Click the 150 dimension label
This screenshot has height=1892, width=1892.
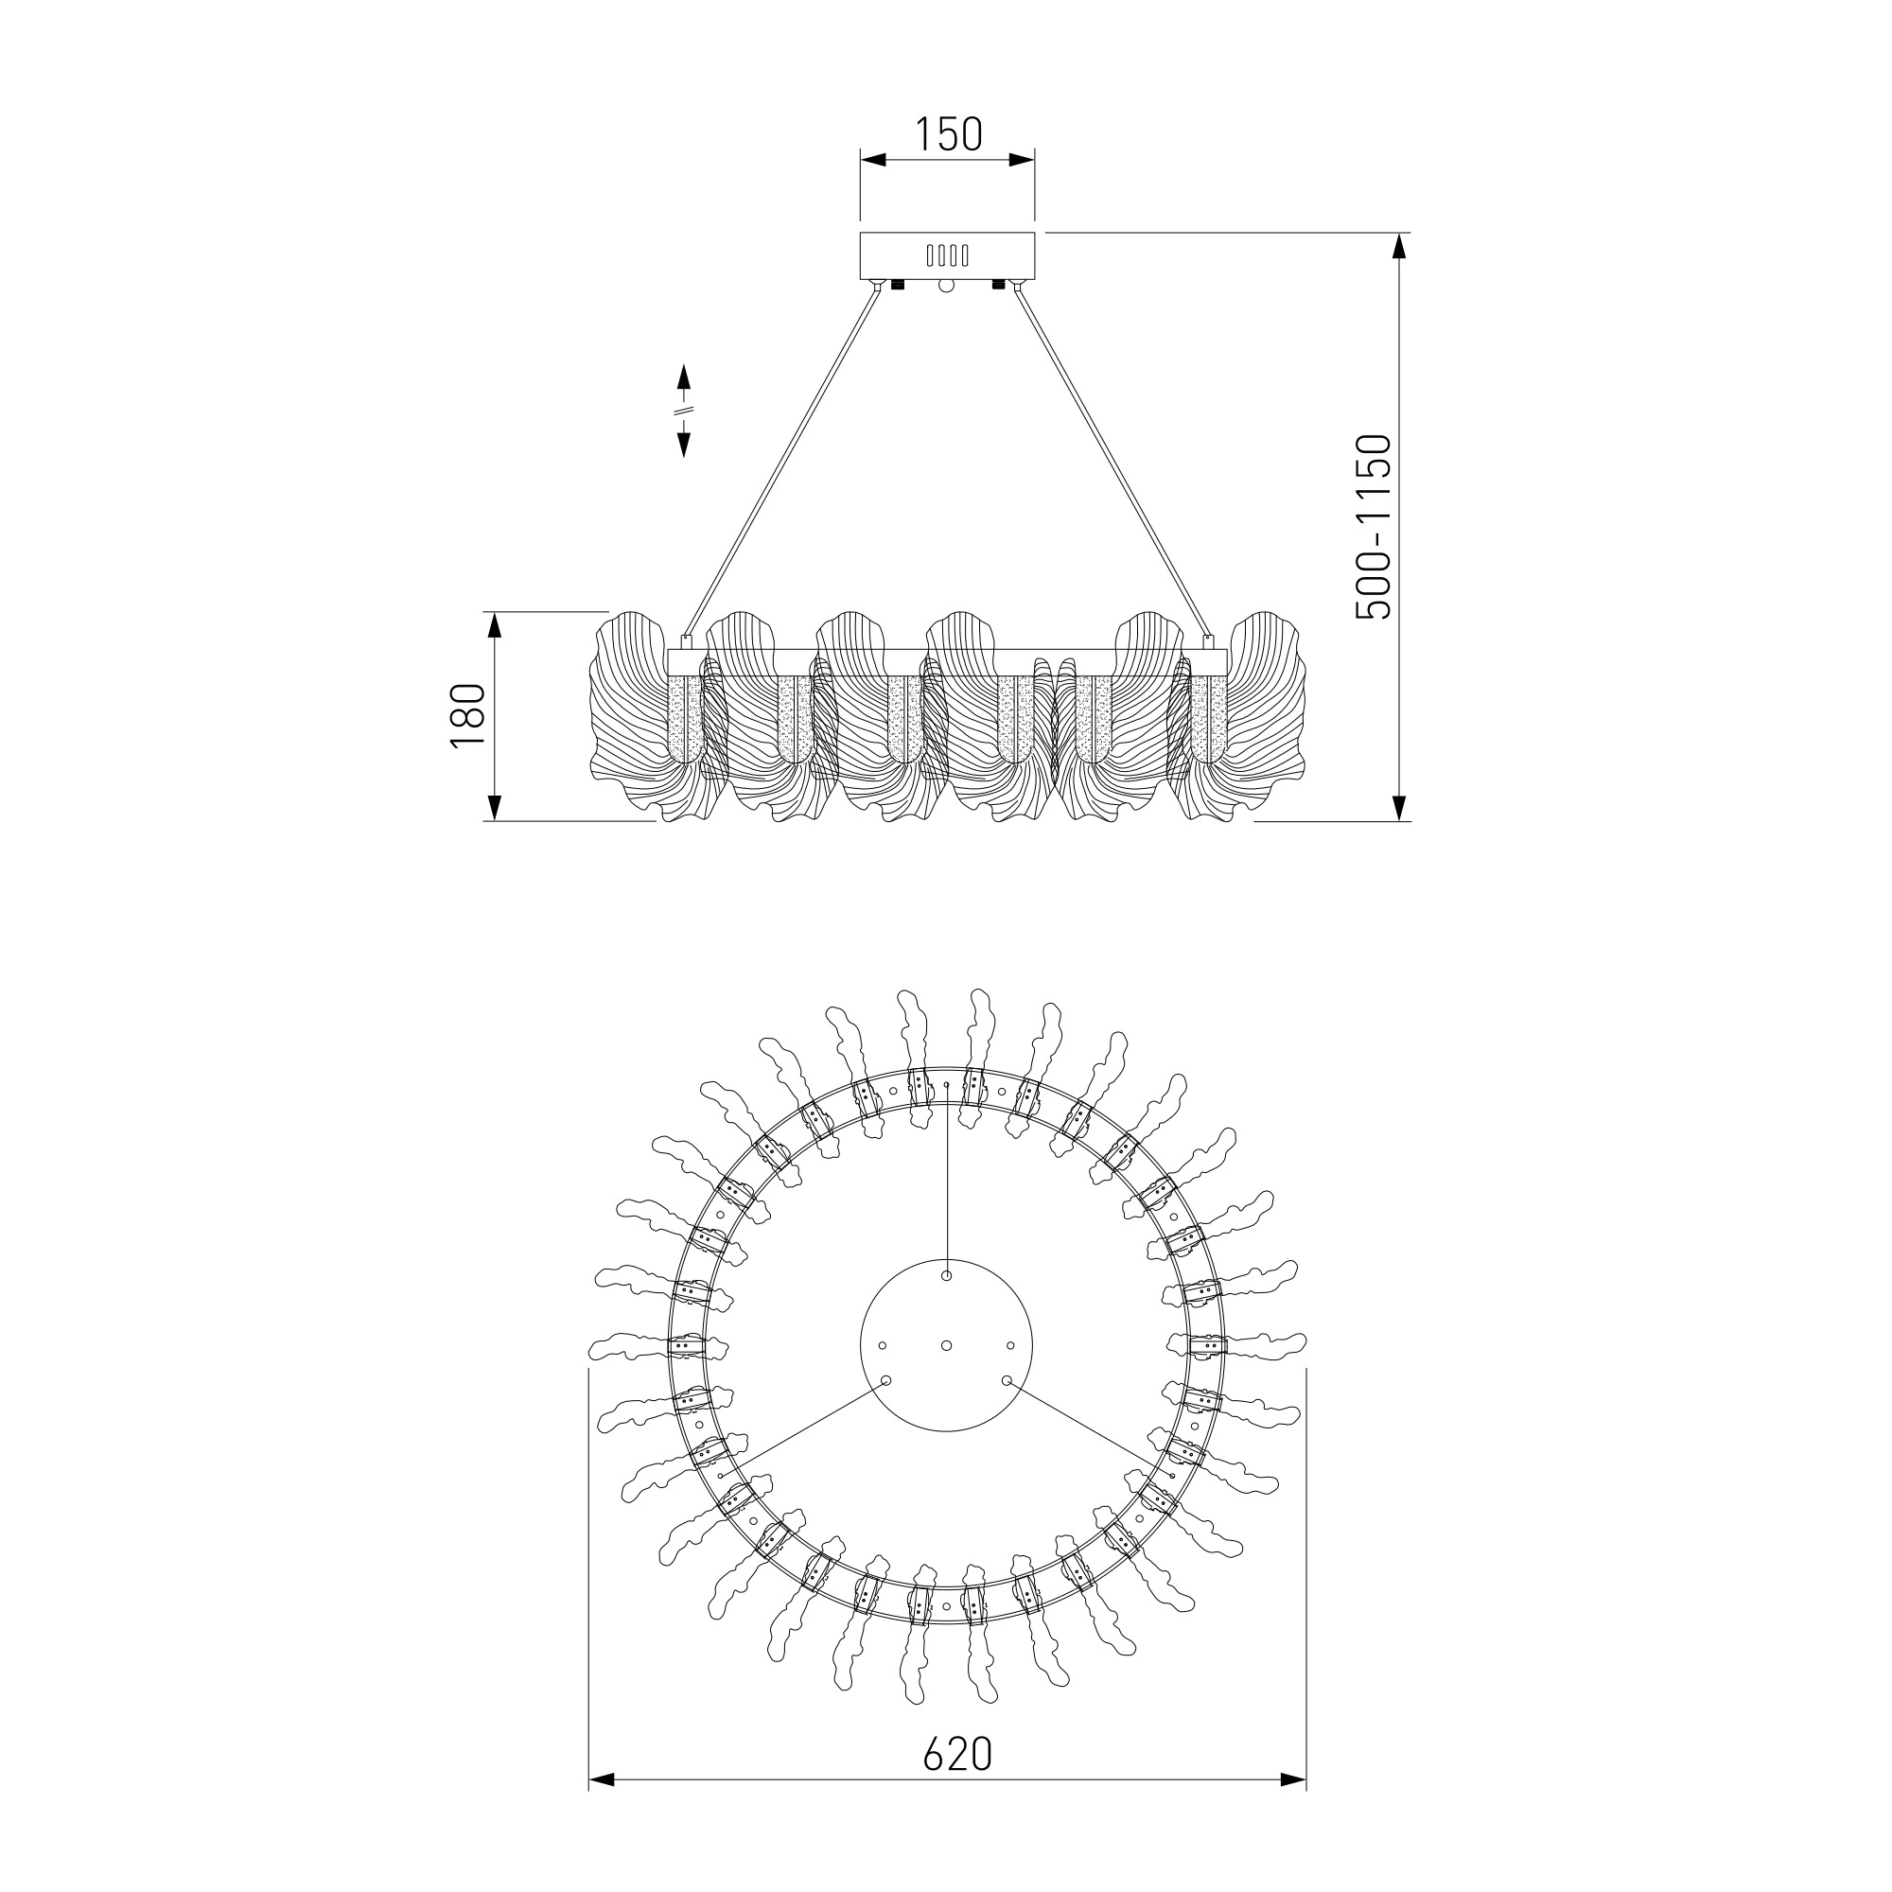point(948,135)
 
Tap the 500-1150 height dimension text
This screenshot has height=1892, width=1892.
point(1373,526)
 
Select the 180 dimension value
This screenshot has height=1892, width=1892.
point(468,716)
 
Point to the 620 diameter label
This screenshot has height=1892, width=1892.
point(957,1755)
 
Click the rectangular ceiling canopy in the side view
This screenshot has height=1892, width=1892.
point(947,255)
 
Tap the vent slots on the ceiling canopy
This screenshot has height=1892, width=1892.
point(947,255)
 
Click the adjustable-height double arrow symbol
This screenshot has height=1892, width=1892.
point(685,411)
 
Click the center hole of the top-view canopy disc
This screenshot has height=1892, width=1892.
point(946,1345)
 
